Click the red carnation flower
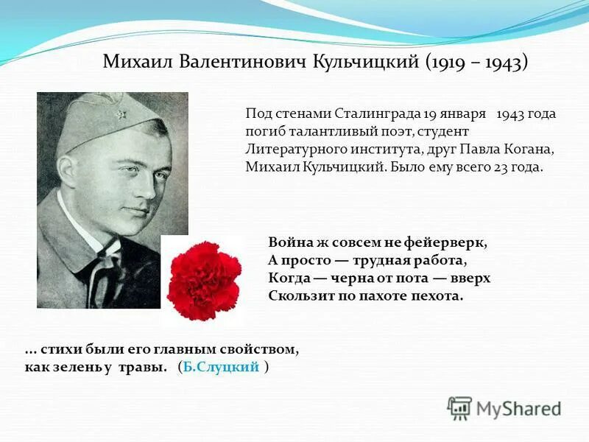click(204, 279)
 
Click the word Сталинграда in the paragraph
click(378, 114)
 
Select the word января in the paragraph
click(465, 114)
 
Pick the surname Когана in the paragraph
click(528, 150)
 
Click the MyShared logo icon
click(460, 408)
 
